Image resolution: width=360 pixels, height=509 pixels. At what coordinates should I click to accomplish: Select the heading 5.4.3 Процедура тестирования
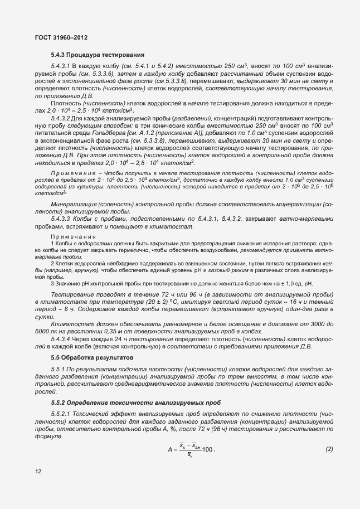click(x=98, y=55)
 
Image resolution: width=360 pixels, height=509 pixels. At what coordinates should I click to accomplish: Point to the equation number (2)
click(x=329, y=449)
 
